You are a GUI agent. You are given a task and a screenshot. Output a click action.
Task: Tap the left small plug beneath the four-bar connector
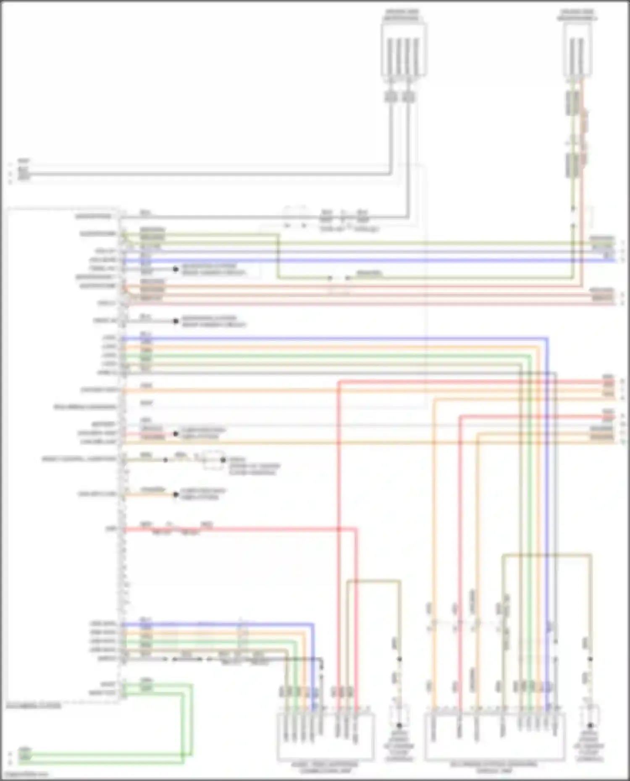click(x=391, y=97)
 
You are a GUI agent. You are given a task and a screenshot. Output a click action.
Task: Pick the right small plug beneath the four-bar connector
click(x=408, y=97)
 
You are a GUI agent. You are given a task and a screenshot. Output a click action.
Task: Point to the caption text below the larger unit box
click(x=494, y=768)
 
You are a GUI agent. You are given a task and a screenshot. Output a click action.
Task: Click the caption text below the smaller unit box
click(x=325, y=768)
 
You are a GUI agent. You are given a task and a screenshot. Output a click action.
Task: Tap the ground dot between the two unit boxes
click(x=399, y=725)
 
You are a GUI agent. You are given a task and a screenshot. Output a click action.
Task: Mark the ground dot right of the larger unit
click(x=590, y=725)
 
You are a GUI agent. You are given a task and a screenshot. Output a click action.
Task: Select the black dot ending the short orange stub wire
click(x=176, y=495)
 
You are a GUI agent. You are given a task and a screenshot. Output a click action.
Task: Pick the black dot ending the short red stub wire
click(x=176, y=434)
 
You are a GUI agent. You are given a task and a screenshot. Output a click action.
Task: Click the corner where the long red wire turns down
click(x=357, y=530)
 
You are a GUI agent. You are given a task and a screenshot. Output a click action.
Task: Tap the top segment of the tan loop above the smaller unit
click(x=374, y=581)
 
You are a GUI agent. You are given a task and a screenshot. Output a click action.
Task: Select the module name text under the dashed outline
click(x=34, y=706)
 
